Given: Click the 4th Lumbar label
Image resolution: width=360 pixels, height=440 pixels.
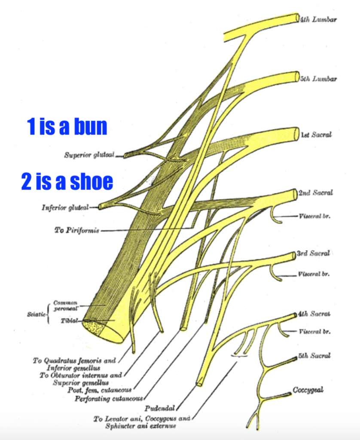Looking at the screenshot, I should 319,20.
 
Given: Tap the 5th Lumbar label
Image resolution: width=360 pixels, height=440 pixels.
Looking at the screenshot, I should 319,79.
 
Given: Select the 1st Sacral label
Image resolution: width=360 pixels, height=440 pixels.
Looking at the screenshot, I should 316,135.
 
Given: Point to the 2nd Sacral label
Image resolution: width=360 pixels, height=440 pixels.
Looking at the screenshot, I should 315,193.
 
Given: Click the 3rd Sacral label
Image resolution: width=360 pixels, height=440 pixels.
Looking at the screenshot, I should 313,254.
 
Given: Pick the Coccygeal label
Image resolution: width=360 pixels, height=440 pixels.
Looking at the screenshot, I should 308,390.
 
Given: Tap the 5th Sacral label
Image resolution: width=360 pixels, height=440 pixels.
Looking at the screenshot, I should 314,356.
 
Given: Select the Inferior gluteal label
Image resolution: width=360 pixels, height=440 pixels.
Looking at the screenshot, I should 65,208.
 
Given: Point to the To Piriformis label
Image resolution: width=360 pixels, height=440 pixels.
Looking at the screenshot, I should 76,230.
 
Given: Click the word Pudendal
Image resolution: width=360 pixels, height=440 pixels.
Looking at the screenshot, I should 159,408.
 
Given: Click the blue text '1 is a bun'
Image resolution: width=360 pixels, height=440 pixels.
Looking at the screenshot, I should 67,127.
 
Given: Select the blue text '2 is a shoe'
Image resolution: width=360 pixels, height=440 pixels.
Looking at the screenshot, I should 67,182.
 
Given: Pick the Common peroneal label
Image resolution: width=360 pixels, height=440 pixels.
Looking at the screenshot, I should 65,306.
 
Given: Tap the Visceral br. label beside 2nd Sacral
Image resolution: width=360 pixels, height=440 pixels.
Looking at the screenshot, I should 314,216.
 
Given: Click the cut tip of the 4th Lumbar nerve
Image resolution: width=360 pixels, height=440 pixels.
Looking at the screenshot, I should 297,18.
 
